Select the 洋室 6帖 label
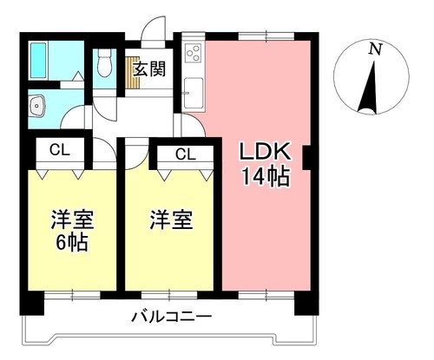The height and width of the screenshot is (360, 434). tap(72, 230)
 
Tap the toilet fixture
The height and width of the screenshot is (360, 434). tap(105, 62)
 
